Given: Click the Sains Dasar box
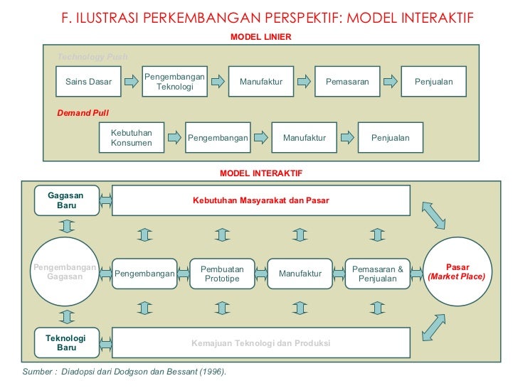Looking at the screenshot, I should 88,82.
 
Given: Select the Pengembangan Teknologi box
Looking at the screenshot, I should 174,82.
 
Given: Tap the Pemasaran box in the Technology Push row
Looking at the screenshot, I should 347,82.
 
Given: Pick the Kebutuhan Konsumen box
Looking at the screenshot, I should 132,137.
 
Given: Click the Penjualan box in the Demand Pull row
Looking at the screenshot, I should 390,137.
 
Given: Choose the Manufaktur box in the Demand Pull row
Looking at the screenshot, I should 304,137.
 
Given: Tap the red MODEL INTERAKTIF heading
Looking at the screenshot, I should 261,173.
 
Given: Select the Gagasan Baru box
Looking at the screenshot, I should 66,200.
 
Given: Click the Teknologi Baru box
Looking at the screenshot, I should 66,343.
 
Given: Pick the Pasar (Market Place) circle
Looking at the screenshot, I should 456,271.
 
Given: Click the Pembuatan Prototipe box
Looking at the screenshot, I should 222,274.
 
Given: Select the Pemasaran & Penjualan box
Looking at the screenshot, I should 378,274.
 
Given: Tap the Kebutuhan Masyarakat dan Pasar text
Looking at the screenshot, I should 260,200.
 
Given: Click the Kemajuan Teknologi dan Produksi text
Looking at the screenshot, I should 260,343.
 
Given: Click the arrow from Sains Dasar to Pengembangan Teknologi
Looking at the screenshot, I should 132,82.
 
